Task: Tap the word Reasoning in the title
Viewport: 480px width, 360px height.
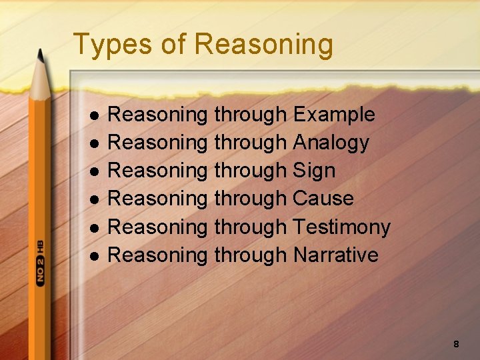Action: point(264,45)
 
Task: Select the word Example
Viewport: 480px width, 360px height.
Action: point(334,115)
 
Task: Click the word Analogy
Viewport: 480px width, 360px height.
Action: point(331,143)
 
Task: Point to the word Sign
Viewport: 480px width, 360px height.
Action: point(314,171)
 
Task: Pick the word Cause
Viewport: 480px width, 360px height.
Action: point(323,199)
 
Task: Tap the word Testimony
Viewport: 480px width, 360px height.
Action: point(341,227)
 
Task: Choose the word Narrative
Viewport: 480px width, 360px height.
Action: point(335,255)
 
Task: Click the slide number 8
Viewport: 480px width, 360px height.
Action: point(456,344)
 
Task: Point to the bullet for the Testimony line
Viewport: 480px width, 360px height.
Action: point(94,228)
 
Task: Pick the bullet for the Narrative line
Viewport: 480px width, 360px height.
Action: point(94,256)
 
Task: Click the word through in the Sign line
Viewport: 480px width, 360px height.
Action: point(250,171)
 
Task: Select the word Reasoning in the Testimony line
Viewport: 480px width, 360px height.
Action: point(157,227)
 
